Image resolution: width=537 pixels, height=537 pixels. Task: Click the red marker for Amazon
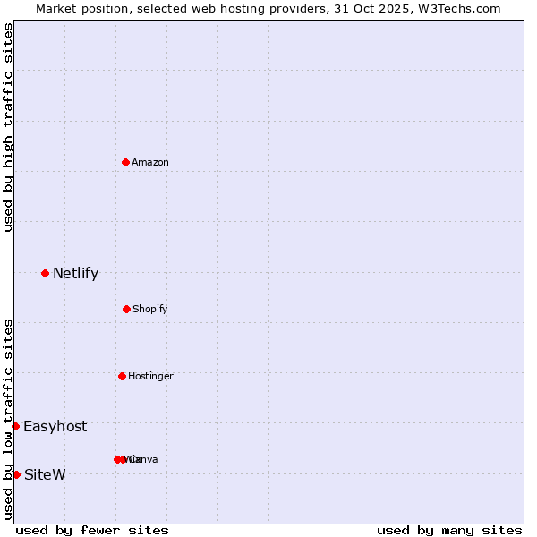pyautogui.click(x=125, y=162)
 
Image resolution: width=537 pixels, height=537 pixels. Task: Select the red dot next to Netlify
pyautogui.click(x=45, y=273)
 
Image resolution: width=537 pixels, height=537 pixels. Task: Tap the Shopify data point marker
pyautogui.click(x=126, y=309)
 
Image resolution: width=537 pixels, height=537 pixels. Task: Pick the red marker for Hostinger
pyautogui.click(x=122, y=376)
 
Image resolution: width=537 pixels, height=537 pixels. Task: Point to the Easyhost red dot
pyautogui.click(x=15, y=426)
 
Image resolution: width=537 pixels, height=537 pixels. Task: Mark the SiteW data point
pyautogui.click(x=16, y=474)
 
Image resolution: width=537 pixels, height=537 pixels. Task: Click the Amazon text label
pyautogui.click(x=150, y=162)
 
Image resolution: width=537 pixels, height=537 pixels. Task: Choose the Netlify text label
pyautogui.click(x=75, y=274)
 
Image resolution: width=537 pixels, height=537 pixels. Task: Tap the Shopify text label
pyautogui.click(x=150, y=309)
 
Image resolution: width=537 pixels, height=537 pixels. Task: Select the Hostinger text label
pyautogui.click(x=150, y=376)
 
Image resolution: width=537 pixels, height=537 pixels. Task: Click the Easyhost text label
pyautogui.click(x=55, y=427)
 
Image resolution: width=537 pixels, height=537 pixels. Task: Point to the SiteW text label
pyautogui.click(x=45, y=474)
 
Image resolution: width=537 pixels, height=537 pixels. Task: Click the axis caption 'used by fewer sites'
pyautogui.click(x=92, y=530)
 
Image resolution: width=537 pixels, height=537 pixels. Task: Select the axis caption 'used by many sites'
pyautogui.click(x=449, y=530)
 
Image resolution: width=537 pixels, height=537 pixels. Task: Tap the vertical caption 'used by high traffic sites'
pyautogui.click(x=8, y=127)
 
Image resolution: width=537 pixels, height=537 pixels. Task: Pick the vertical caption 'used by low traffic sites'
pyautogui.click(x=8, y=419)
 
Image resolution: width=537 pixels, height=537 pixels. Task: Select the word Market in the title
pyautogui.click(x=56, y=8)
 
